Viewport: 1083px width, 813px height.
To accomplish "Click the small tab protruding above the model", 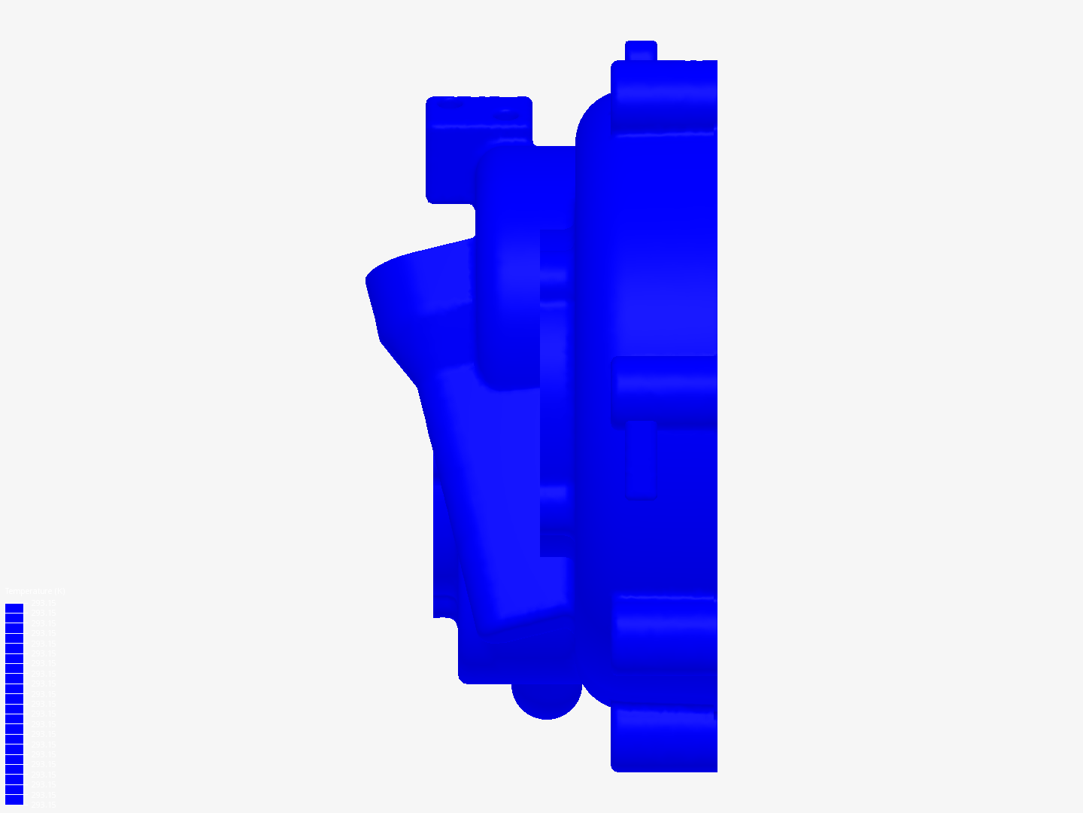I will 641,50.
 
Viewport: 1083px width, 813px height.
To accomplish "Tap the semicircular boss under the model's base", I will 547,700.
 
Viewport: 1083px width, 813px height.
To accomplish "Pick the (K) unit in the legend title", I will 61,592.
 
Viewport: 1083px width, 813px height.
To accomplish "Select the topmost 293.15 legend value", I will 42,604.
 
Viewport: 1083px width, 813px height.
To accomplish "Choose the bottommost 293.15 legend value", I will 42,804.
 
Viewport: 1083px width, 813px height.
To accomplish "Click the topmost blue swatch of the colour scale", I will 14,608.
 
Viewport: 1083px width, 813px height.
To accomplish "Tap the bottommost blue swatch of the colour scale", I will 14,799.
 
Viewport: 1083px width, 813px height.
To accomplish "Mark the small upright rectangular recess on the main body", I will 642,459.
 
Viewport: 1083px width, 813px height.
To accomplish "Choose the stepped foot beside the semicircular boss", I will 481,655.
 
